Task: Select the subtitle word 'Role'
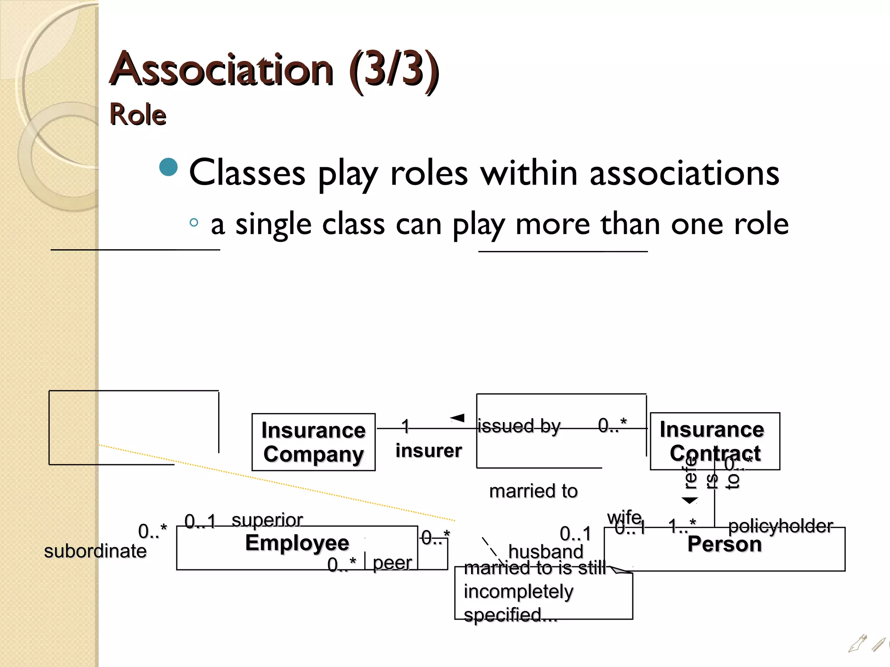point(138,115)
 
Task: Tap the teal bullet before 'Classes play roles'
point(169,168)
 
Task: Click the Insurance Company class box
point(313,442)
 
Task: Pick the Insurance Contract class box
point(714,440)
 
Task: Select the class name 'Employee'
point(297,543)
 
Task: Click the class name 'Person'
point(724,544)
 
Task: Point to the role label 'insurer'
point(428,451)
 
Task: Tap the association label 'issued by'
point(519,426)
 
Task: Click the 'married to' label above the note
point(533,491)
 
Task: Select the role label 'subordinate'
point(95,551)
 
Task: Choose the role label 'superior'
point(267,520)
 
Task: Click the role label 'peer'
point(392,563)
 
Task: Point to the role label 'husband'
point(545,552)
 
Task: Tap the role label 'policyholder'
point(780,526)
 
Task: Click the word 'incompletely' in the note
point(518,591)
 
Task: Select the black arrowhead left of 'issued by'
point(458,418)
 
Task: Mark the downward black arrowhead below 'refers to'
point(689,501)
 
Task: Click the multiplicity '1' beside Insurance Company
point(405,426)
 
